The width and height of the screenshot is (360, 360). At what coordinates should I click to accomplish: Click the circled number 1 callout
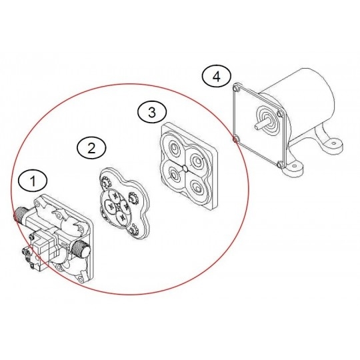coord(33,181)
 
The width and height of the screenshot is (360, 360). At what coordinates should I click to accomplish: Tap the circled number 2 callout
coord(91,148)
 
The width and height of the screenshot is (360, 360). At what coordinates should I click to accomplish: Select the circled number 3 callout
coord(152,113)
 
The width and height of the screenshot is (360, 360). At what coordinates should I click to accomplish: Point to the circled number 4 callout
coord(216,77)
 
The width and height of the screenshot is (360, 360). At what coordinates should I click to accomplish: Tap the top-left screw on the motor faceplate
coord(235,88)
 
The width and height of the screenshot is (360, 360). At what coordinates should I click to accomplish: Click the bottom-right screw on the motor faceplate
coord(279,165)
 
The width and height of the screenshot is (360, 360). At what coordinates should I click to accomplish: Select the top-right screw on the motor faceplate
coord(279,113)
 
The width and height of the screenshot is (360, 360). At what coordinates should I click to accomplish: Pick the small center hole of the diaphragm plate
coord(185,169)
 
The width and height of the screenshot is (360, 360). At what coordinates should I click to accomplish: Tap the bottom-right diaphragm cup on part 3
coord(197,188)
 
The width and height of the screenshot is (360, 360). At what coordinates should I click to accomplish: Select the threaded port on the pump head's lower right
coord(81,249)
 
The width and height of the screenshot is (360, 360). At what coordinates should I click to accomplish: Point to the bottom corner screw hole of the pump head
coord(80,279)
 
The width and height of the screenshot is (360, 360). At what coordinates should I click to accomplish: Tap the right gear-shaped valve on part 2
coord(133,197)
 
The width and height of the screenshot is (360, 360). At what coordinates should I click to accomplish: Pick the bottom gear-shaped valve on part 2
coord(133,230)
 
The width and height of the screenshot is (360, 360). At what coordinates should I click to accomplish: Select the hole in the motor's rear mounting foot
coord(334,143)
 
